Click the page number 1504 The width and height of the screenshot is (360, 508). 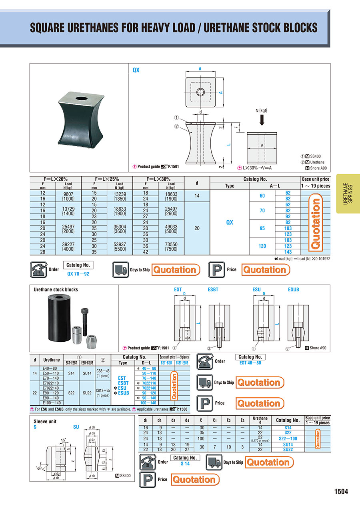(341, 492)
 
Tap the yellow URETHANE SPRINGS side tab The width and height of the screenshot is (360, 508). (348, 194)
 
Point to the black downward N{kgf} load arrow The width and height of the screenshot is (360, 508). (262, 120)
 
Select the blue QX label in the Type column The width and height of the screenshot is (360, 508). (230, 222)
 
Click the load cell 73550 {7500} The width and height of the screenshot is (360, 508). (171, 246)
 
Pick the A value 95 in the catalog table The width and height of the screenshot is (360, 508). (262, 228)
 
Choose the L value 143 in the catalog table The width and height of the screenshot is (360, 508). (288, 252)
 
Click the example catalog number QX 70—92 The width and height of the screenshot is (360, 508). (78, 274)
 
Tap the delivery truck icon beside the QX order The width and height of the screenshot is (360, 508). (120, 269)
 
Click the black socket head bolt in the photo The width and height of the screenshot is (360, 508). (85, 322)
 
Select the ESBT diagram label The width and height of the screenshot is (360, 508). (213, 290)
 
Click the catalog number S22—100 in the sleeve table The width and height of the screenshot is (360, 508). (288, 438)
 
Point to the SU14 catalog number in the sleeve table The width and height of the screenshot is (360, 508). (288, 445)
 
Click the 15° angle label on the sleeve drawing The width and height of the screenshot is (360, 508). (63, 440)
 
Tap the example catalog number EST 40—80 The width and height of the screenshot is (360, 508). (250, 363)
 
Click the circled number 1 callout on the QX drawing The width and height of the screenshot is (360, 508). (176, 118)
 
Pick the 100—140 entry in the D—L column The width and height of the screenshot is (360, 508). (148, 403)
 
